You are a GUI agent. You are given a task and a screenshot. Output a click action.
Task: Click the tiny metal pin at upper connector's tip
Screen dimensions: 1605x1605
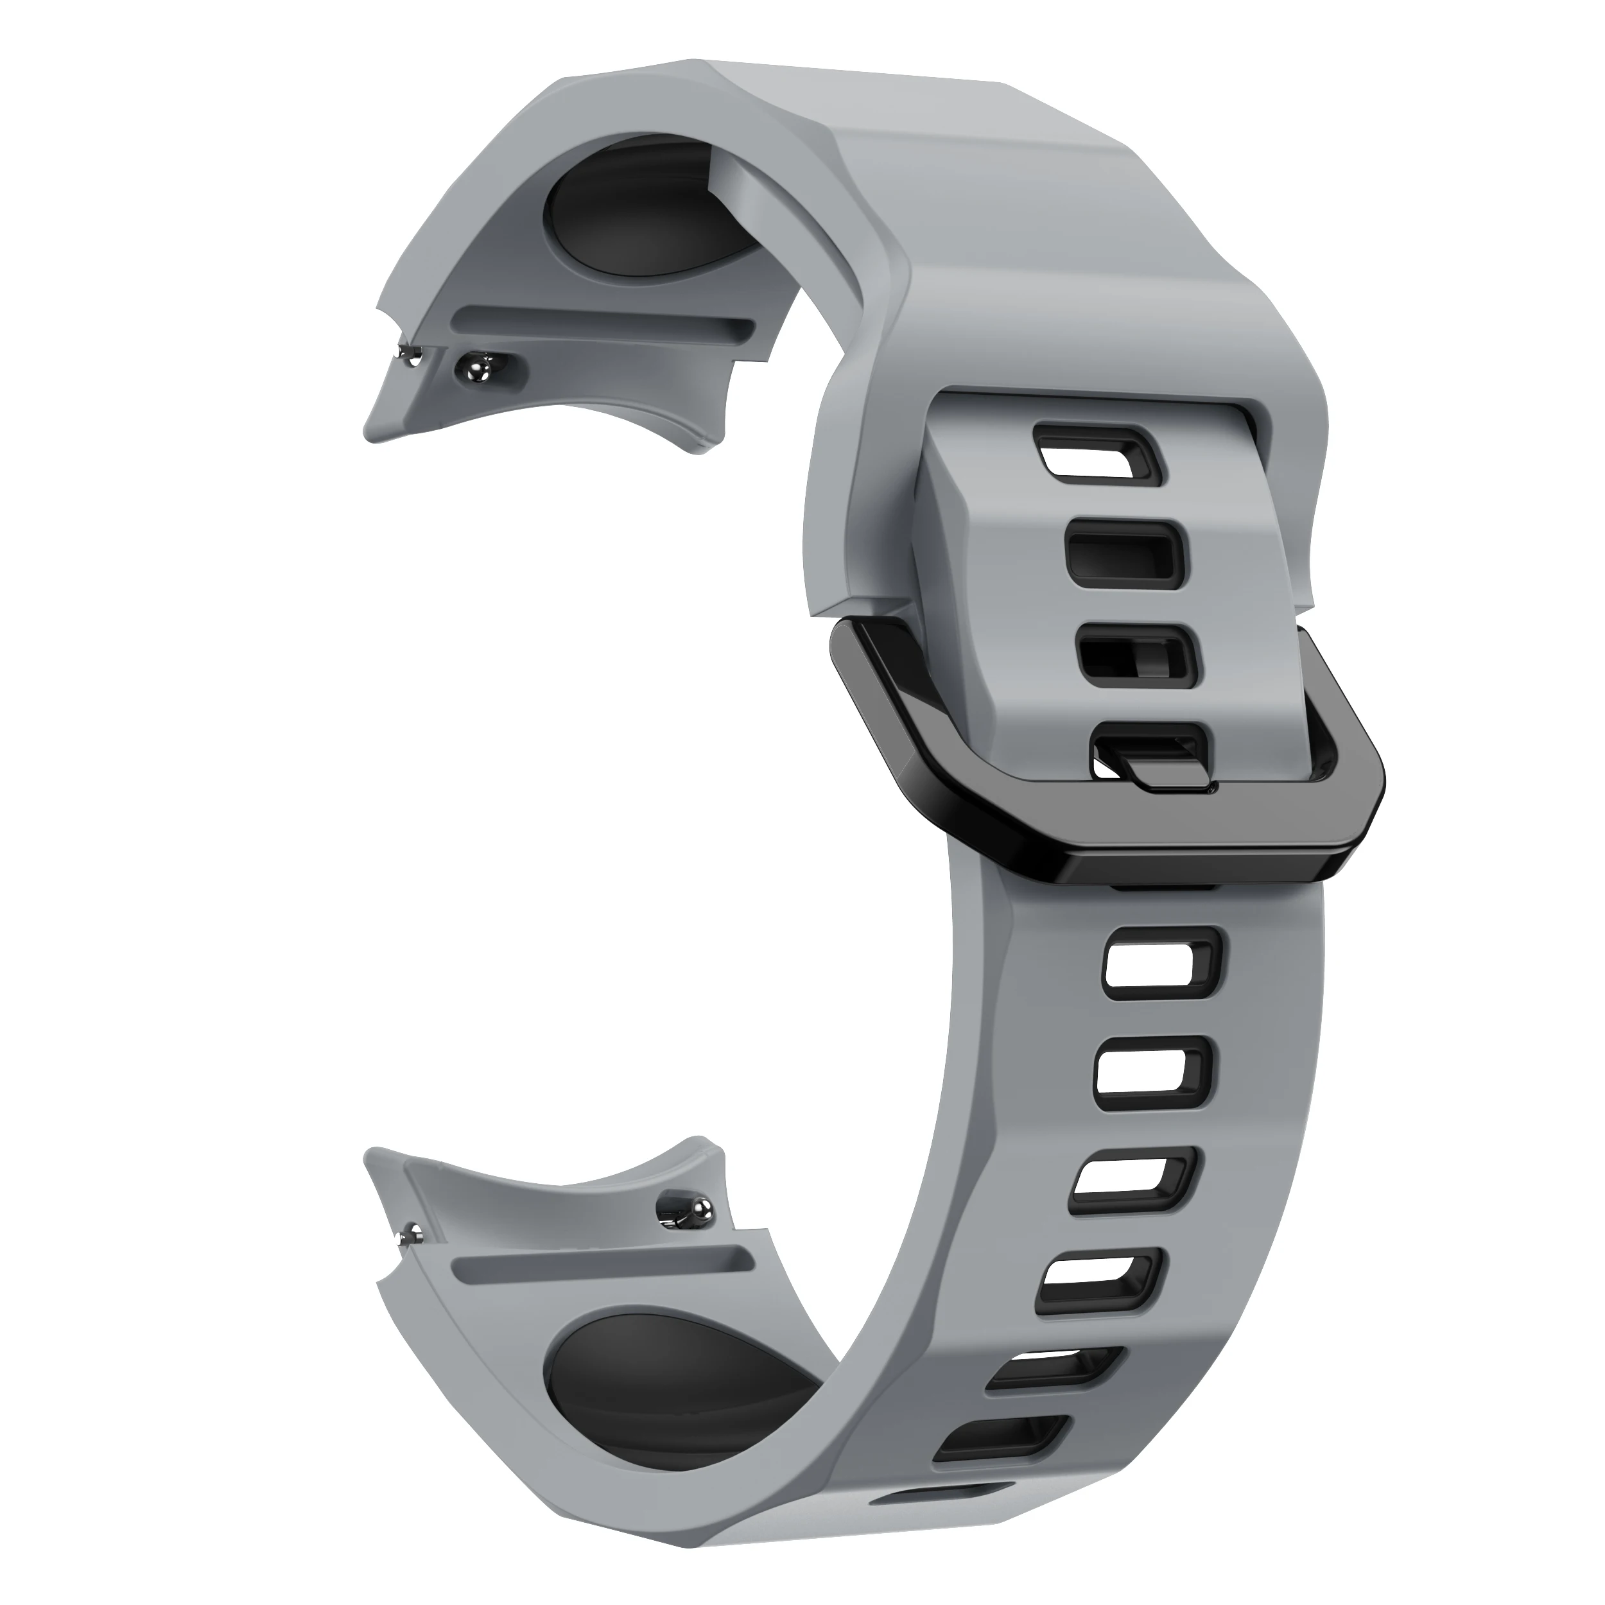pos(409,356)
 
